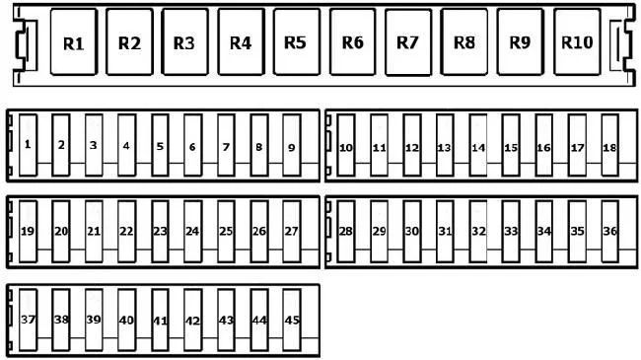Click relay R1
click(x=74, y=42)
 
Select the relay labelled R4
click(x=242, y=42)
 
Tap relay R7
click(x=408, y=42)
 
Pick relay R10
click(x=577, y=42)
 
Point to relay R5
click(x=297, y=42)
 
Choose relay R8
click(x=464, y=42)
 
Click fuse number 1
click(x=29, y=145)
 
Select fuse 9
click(x=292, y=145)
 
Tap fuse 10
click(x=346, y=145)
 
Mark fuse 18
click(x=609, y=145)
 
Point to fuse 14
click(x=478, y=145)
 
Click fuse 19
click(x=29, y=232)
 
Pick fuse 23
click(x=160, y=232)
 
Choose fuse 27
click(x=292, y=232)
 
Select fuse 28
click(x=346, y=232)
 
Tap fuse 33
click(x=512, y=232)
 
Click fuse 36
click(x=609, y=232)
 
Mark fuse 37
click(x=29, y=320)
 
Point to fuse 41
click(x=160, y=320)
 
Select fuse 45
click(x=292, y=320)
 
